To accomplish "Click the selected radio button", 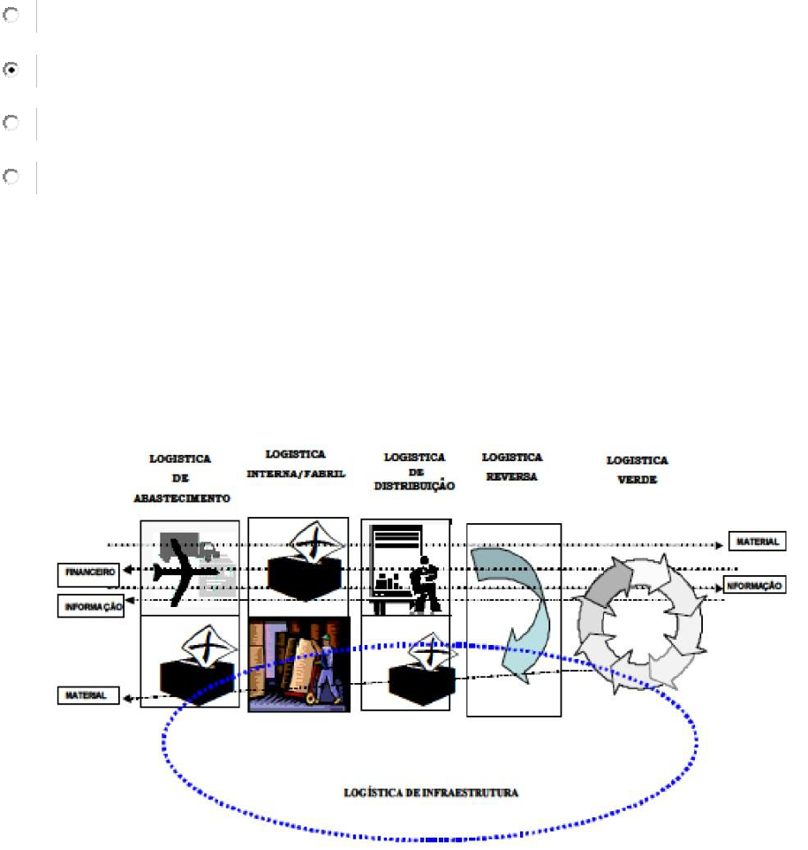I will tap(11, 70).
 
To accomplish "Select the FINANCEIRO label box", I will tap(89, 572).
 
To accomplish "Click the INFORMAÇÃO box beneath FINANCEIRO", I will tap(91, 606).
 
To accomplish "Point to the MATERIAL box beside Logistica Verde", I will tap(757, 541).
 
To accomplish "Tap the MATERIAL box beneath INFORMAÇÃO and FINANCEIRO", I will tap(88, 695).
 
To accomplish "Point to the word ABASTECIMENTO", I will tap(182, 498).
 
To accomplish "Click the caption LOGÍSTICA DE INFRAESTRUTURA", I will tap(431, 793).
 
